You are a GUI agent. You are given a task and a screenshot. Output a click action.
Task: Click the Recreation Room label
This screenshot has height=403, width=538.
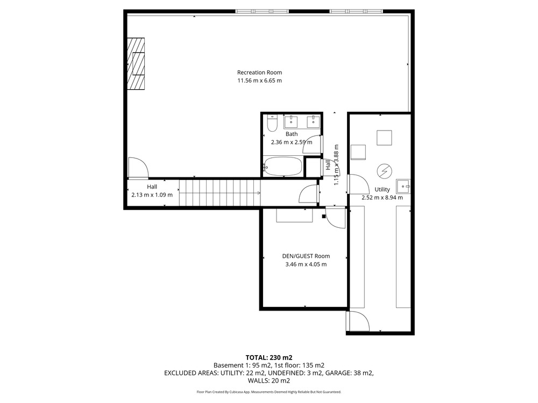(x=259, y=73)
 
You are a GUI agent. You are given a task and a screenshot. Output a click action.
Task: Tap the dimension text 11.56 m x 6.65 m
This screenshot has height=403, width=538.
(x=259, y=81)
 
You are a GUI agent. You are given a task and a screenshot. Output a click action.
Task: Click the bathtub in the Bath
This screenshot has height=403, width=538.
(x=283, y=167)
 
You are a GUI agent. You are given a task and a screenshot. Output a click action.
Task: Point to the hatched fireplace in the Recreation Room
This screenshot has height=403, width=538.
(x=136, y=64)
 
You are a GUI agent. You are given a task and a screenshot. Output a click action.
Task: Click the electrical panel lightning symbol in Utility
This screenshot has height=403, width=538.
(x=384, y=171)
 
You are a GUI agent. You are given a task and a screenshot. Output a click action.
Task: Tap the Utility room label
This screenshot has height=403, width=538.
(x=382, y=190)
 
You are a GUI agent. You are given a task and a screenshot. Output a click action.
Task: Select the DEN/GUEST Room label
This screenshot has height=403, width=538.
(x=306, y=256)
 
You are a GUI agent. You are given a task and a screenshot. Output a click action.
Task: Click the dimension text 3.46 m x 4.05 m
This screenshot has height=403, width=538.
(x=306, y=264)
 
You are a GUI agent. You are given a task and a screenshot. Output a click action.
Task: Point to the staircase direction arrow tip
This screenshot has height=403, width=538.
(x=260, y=193)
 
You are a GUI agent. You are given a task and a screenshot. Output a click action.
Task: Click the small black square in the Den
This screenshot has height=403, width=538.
(x=323, y=216)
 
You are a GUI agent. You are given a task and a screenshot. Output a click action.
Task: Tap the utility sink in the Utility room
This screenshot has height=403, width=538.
(x=403, y=186)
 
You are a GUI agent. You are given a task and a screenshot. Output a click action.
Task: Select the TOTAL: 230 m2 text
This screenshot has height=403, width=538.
(x=268, y=358)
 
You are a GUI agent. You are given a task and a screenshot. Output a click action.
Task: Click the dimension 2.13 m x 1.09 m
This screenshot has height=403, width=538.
(x=152, y=195)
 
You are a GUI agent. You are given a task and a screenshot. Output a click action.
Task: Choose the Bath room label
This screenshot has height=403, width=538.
(x=292, y=134)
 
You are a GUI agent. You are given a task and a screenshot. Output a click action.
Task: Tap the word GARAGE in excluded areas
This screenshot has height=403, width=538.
(x=339, y=373)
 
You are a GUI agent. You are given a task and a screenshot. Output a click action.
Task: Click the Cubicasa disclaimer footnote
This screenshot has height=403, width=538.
(x=268, y=392)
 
